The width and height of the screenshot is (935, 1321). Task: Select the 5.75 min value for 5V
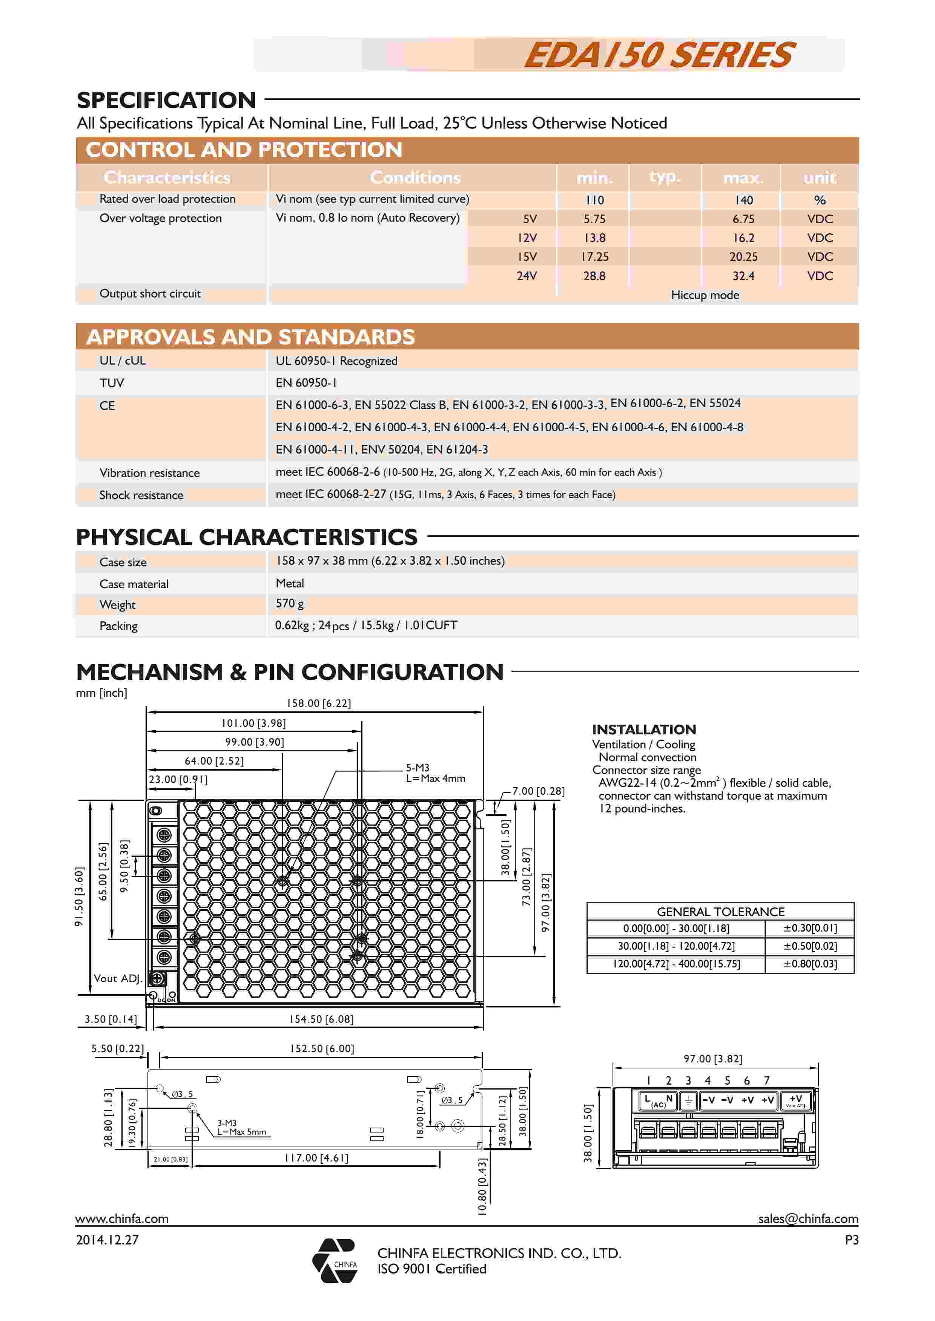(594, 219)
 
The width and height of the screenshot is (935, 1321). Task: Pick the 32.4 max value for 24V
(743, 276)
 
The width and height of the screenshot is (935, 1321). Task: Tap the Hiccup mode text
(705, 295)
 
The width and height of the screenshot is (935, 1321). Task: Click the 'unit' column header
(819, 178)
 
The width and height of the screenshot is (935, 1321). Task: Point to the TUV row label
(112, 383)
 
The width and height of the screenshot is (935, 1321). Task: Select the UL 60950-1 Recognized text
(336, 361)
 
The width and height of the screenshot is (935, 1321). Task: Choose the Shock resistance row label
(141, 495)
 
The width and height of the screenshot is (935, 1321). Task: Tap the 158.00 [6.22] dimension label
(318, 703)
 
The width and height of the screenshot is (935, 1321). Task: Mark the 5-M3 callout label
(418, 768)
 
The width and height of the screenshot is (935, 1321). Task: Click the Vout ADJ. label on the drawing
(117, 979)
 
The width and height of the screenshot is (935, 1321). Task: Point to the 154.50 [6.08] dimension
(321, 1019)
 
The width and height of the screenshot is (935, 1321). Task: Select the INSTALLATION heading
(644, 729)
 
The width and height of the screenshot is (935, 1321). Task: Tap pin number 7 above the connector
(766, 1080)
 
